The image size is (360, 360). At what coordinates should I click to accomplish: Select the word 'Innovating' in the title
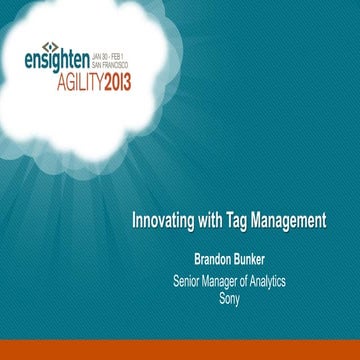(x=167, y=220)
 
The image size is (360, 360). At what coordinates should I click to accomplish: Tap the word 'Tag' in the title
(x=244, y=220)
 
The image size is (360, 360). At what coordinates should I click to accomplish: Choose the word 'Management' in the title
(x=293, y=220)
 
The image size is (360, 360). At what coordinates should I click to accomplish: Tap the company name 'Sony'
(x=230, y=297)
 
